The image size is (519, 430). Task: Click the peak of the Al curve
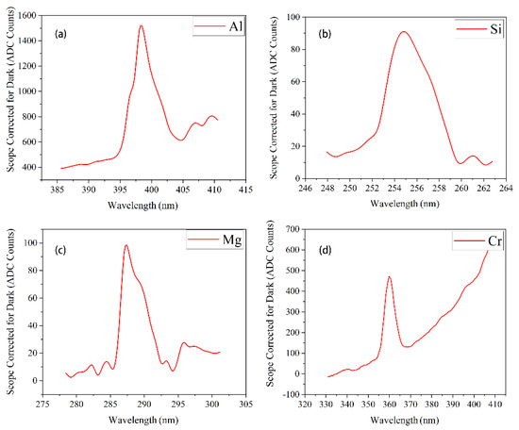pos(141,26)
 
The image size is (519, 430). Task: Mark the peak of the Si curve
pos(403,32)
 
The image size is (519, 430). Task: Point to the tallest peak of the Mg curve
pos(126,245)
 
